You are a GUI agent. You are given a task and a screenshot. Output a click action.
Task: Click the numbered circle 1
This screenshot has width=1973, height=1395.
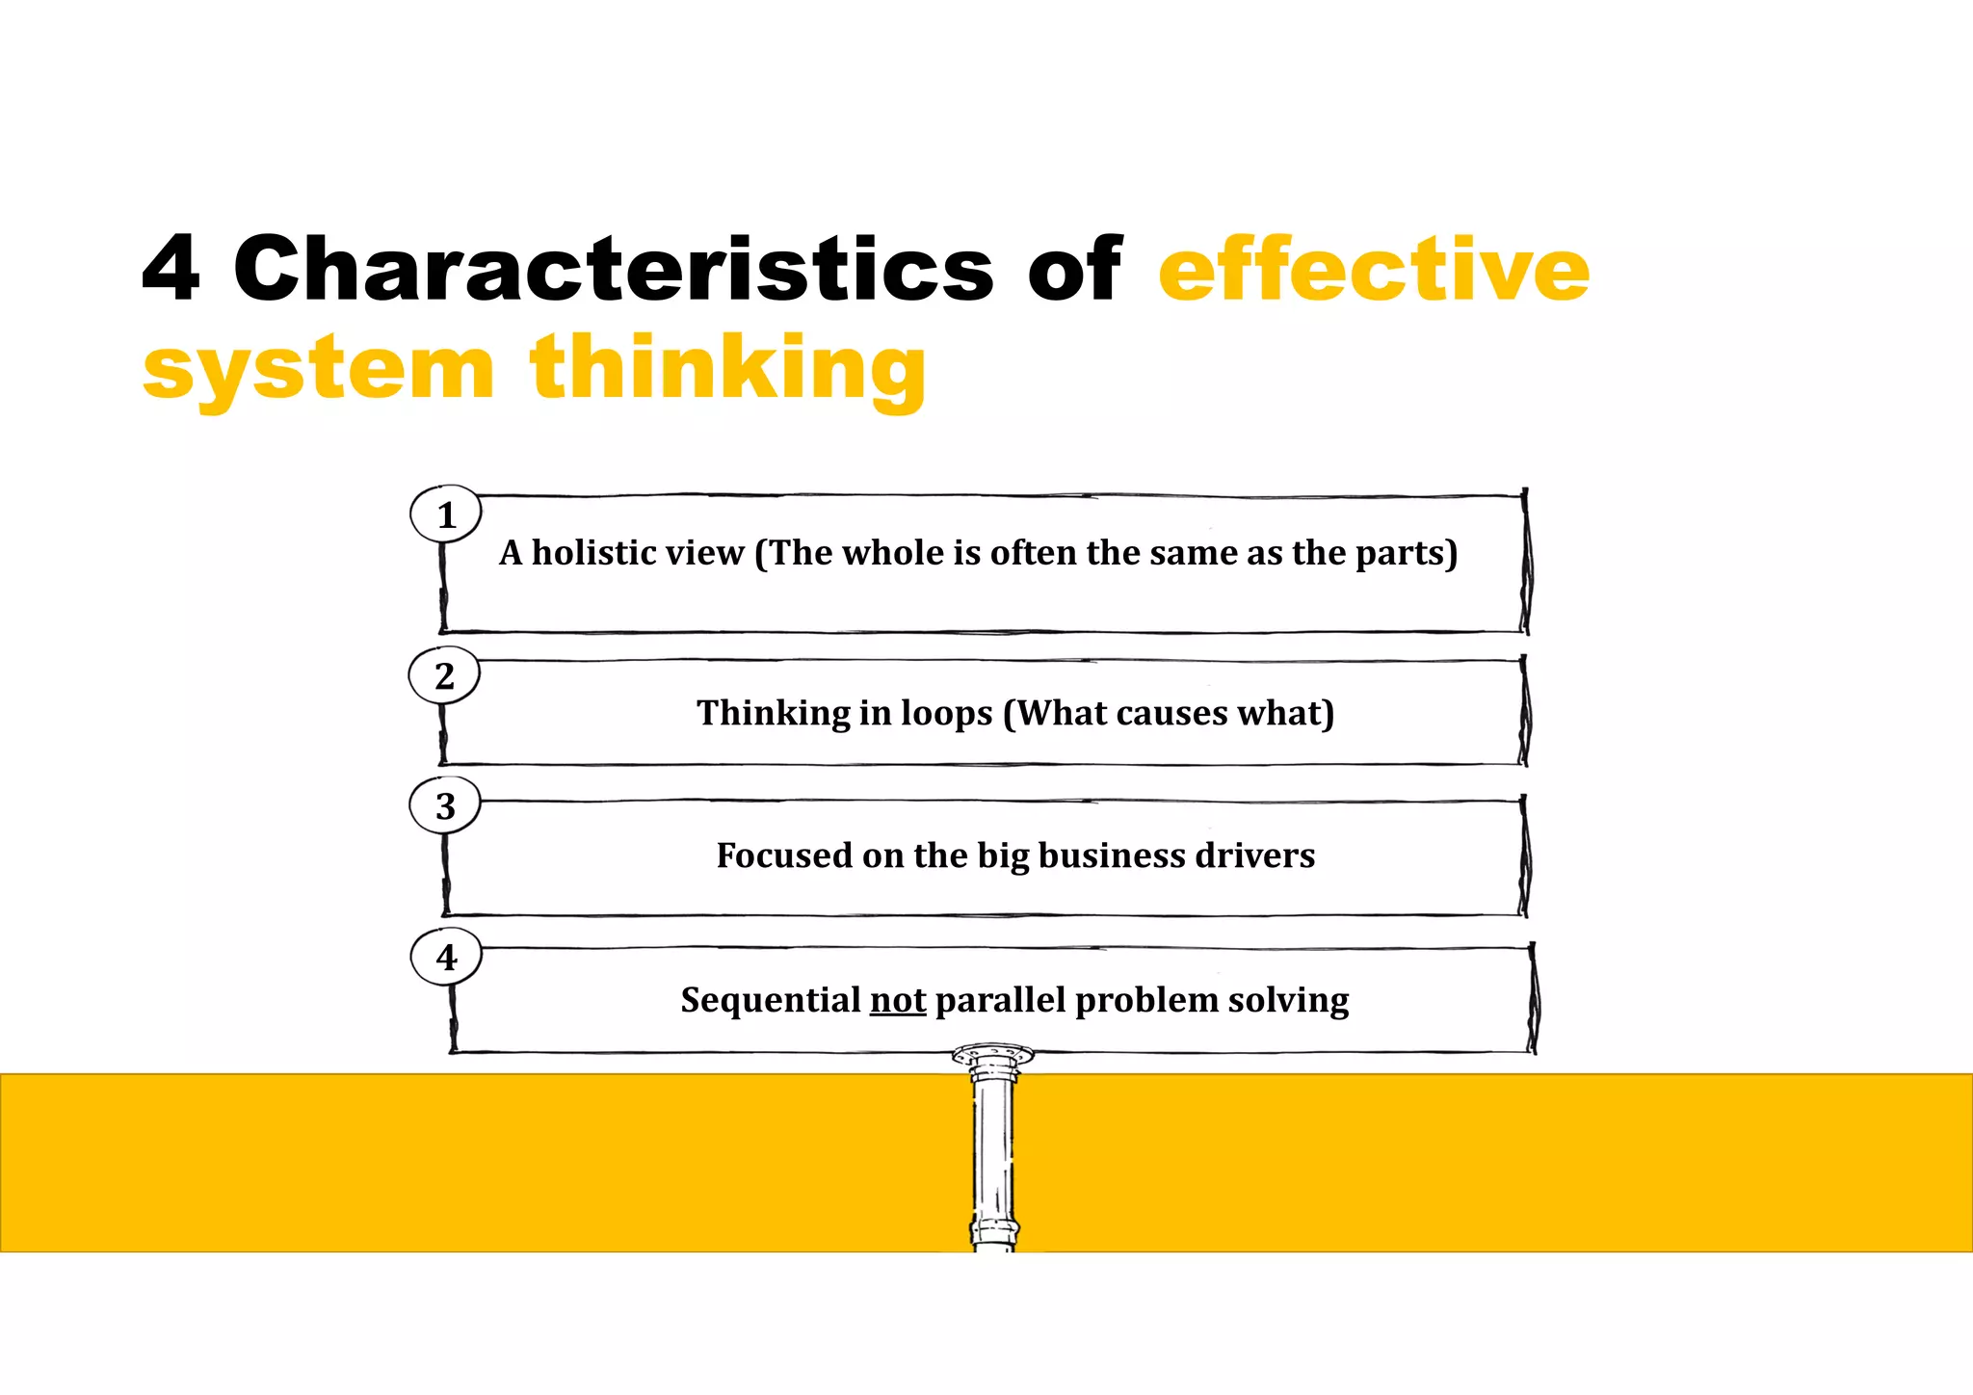445,514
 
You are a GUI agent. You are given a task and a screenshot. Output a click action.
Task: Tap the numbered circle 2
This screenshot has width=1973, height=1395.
444,675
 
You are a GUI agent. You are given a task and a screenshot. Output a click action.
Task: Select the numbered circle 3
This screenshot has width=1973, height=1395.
444,805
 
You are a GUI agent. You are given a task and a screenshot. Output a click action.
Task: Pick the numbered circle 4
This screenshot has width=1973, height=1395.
446,957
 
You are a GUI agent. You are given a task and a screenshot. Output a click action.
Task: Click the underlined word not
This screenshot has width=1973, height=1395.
898,1000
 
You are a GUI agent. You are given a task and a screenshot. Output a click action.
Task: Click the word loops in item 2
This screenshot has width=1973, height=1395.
946,713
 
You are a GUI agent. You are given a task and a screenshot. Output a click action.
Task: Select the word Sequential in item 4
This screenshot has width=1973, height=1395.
770,1000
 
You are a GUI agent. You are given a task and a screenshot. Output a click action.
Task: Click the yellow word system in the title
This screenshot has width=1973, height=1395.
318,368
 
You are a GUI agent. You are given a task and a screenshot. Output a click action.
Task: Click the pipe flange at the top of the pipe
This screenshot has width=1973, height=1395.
992,1055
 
